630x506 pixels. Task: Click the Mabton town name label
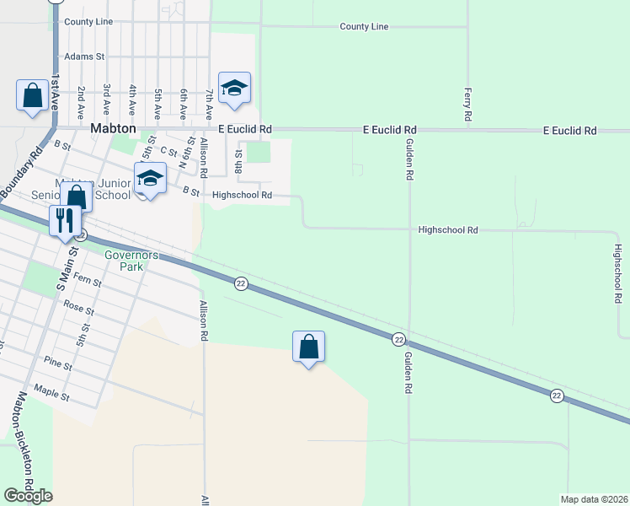tap(114, 130)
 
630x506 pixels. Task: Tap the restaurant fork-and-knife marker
tap(65, 221)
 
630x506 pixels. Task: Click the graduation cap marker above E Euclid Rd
tap(235, 87)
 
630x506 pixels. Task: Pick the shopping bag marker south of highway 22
tap(308, 346)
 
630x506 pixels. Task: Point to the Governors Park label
tap(125, 260)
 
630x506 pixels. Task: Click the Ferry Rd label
tap(467, 104)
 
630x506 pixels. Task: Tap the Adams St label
tap(83, 57)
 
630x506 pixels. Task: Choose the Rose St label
tap(77, 310)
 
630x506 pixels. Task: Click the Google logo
tap(28, 496)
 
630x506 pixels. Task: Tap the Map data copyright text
tap(595, 499)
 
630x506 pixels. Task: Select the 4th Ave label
tap(132, 100)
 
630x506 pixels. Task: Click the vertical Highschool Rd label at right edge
tap(620, 275)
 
